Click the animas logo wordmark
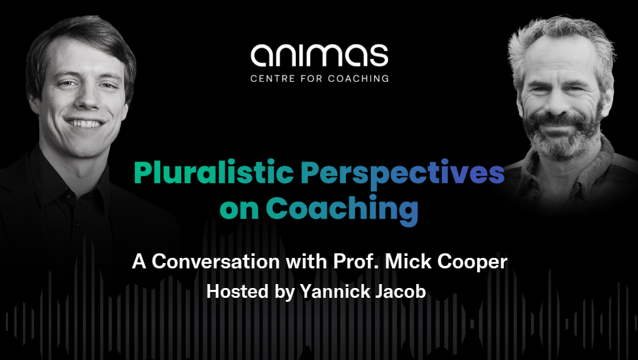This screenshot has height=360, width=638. pyautogui.click(x=319, y=56)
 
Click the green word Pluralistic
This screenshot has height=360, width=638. pyautogui.click(x=213, y=173)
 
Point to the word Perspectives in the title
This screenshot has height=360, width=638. pyautogui.click(x=403, y=175)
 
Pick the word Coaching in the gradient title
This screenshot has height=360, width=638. pyautogui.click(x=342, y=210)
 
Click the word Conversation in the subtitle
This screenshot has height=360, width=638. pyautogui.click(x=216, y=262)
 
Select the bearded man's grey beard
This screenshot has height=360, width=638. pyautogui.click(x=563, y=134)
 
